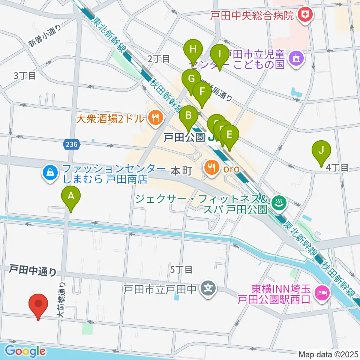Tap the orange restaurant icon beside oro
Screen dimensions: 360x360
211,167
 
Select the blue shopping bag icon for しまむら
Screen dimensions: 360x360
50,173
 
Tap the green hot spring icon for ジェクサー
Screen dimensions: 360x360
279,203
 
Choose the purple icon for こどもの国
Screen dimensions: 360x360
296,58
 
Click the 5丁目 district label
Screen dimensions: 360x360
181,269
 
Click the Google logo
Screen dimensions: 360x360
25,351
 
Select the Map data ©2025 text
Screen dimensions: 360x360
327,354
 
